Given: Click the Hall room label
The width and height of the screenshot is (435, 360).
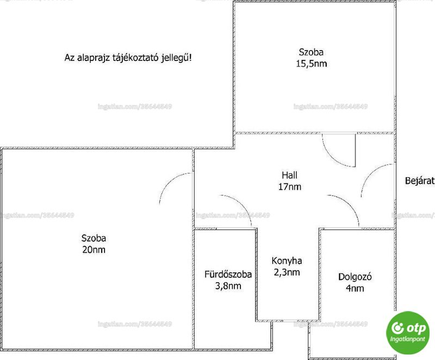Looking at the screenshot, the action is click(x=289, y=175).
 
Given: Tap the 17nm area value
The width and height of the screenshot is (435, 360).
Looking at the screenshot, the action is click(x=290, y=187).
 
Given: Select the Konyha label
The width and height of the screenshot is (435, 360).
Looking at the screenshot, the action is click(x=287, y=260).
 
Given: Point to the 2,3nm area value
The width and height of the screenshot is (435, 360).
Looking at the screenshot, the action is click(x=287, y=272).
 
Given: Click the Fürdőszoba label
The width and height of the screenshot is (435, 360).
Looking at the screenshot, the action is click(x=228, y=274).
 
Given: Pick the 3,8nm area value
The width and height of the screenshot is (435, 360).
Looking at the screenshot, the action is click(x=228, y=286).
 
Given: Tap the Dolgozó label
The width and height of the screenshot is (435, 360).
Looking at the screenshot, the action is click(x=355, y=276).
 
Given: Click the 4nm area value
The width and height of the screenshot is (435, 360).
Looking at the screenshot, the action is click(x=355, y=288).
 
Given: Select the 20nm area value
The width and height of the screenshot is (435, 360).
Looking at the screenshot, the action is click(x=94, y=250).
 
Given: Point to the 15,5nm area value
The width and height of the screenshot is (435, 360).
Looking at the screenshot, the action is click(x=311, y=64).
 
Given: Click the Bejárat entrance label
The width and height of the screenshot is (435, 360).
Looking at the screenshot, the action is click(x=420, y=181).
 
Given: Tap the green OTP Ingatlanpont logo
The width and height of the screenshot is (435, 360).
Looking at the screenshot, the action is click(x=408, y=333).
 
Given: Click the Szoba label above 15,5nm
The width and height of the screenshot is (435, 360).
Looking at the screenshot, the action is click(x=311, y=52).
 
